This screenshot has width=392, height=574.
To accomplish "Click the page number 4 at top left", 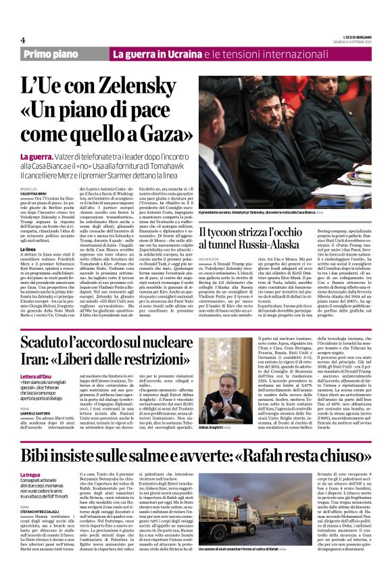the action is pos(23,40).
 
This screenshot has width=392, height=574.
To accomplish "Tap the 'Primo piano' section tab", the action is pos(65,53).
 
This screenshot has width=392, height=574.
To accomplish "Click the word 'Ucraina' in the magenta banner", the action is pos(181,53).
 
